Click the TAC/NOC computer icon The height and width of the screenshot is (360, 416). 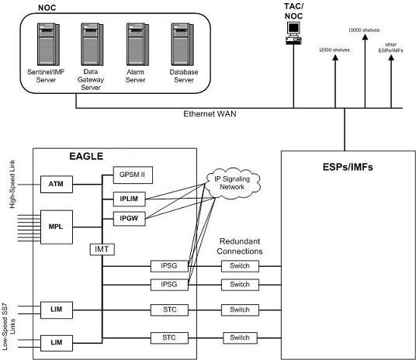coord(293,30)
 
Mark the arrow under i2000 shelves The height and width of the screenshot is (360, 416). coord(335,78)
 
